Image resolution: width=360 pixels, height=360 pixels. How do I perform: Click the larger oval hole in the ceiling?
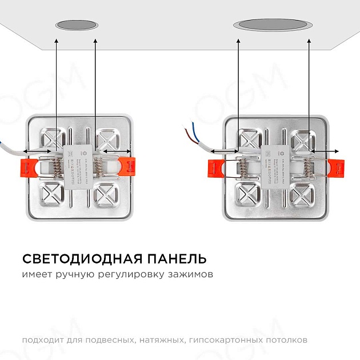point(273,25)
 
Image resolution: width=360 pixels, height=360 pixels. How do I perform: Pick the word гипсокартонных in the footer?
point(223,340)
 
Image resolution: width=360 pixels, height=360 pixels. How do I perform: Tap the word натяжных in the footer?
point(162,340)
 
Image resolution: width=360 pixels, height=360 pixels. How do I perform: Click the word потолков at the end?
point(286,340)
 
